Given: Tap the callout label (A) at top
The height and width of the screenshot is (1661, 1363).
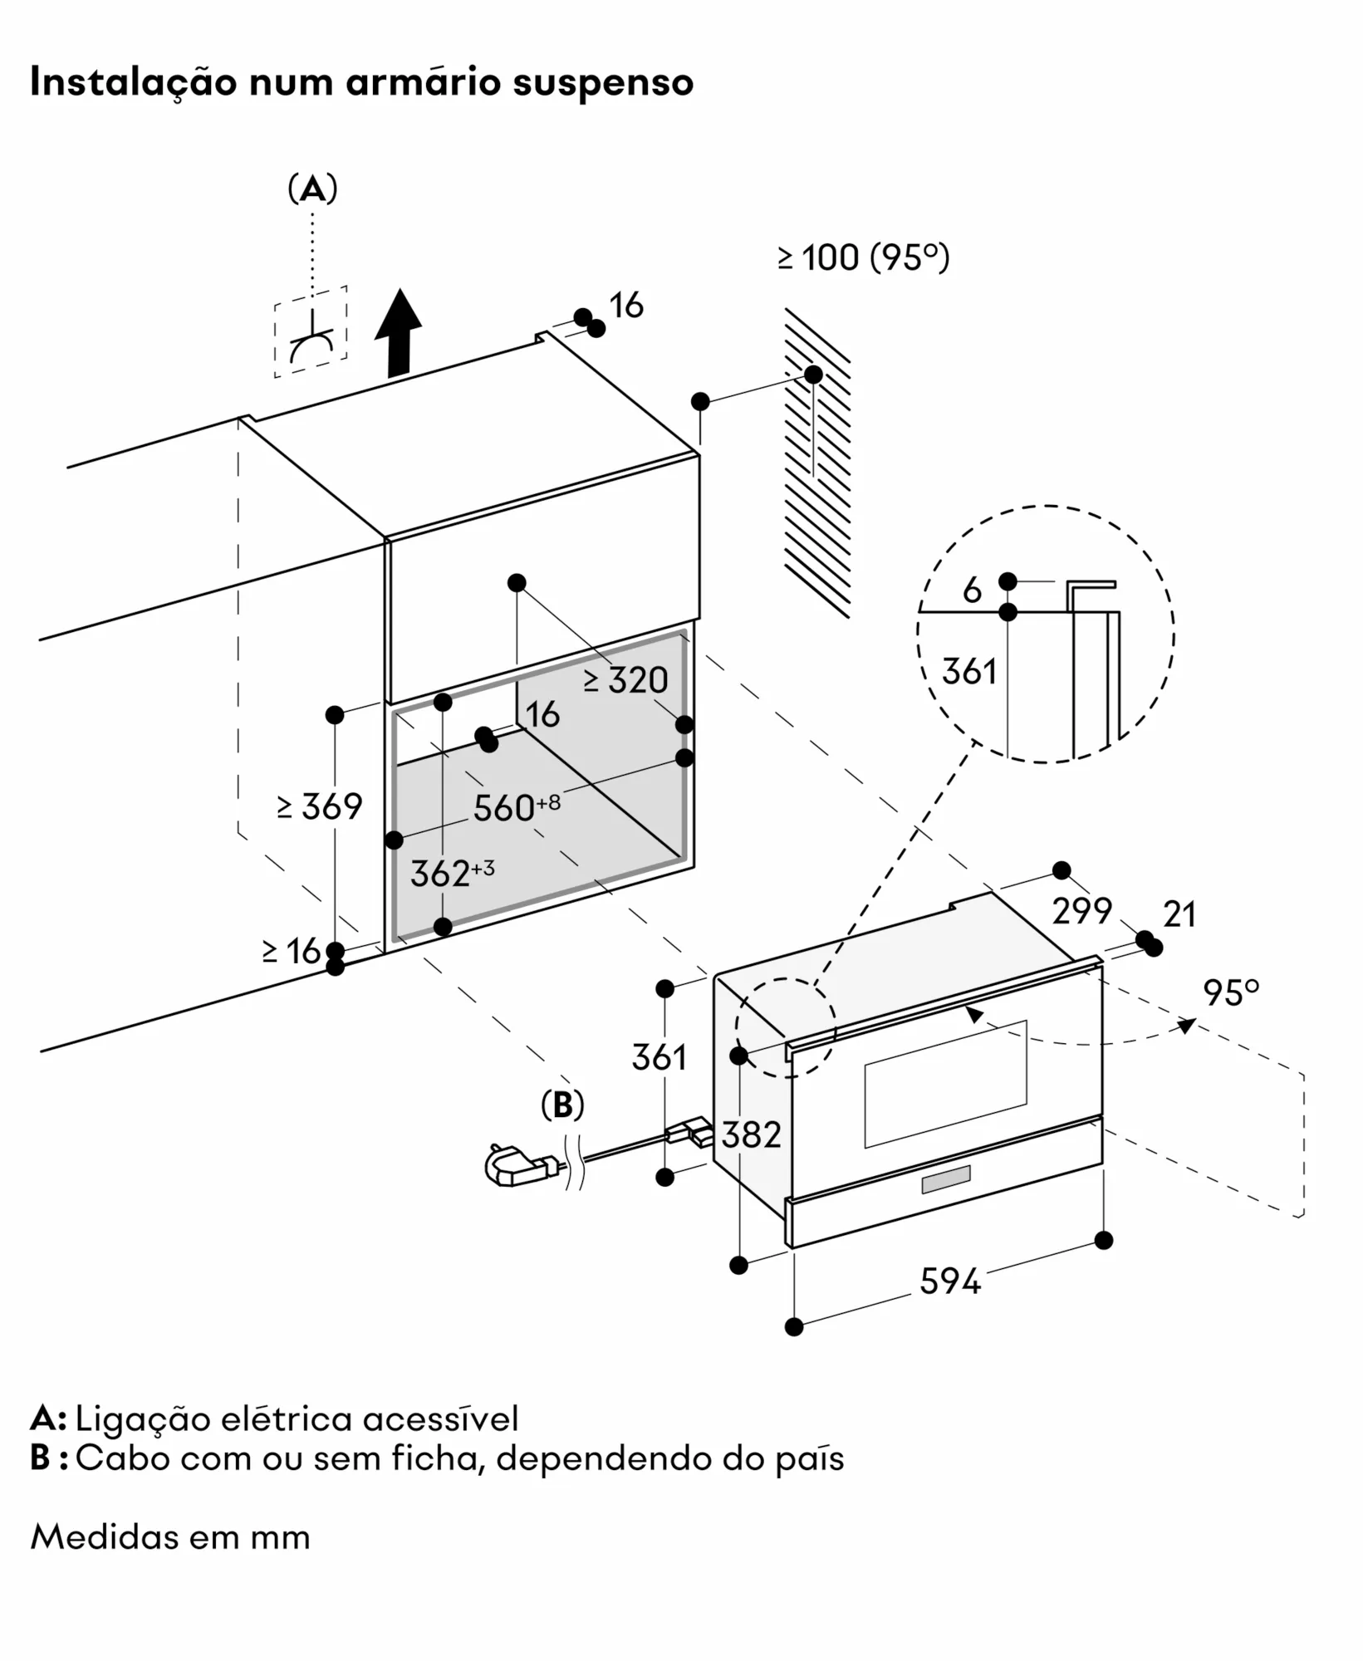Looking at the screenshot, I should (312, 189).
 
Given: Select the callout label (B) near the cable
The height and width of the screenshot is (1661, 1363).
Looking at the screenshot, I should (562, 1105).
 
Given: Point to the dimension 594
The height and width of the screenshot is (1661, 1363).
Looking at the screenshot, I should (950, 1281).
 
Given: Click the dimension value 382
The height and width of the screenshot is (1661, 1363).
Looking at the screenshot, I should (751, 1134).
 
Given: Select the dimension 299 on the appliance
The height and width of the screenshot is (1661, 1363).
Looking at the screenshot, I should (1081, 912).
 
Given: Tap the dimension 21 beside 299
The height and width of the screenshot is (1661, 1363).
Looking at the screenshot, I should (1179, 914).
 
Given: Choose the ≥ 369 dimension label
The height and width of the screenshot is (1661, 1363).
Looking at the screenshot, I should (320, 806).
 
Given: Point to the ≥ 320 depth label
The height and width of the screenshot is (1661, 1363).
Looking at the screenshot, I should (625, 681).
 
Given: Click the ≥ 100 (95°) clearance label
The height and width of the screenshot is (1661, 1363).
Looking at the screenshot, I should (864, 257).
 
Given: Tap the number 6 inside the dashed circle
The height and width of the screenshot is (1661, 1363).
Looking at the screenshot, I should (972, 590).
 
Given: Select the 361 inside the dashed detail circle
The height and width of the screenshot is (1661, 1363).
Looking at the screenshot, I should (969, 671).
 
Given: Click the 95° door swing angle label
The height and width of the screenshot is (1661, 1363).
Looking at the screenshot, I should (1231, 993).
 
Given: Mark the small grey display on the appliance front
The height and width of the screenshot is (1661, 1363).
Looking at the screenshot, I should (945, 1179).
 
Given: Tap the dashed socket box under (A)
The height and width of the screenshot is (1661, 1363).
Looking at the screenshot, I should (311, 332).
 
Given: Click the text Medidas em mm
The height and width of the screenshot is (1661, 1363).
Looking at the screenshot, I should (170, 1537).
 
